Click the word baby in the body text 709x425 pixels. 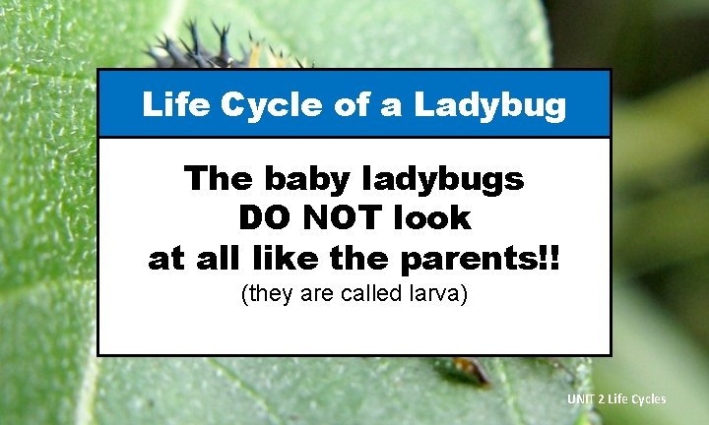[292, 179]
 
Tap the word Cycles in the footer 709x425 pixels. [649, 398]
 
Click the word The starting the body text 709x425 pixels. [216, 179]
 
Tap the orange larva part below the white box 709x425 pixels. [471, 370]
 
